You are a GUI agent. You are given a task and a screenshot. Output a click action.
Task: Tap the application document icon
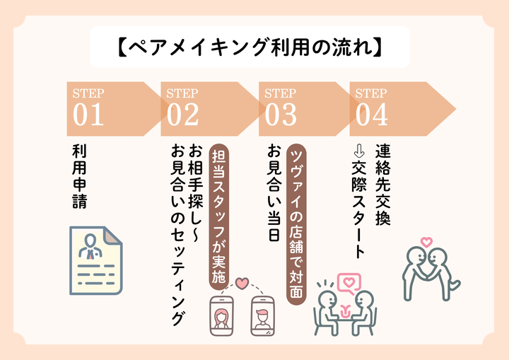[x=95, y=260]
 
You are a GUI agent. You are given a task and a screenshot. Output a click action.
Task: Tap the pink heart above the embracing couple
[x=426, y=242]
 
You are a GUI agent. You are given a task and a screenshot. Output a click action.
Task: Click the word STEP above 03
[x=280, y=93]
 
